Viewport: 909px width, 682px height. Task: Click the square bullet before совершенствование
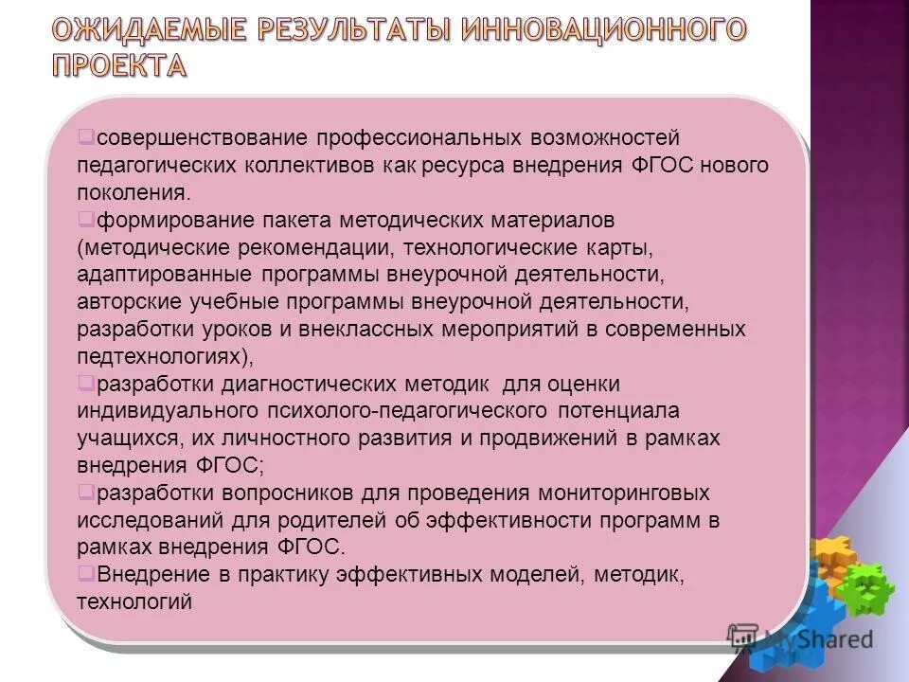[x=84, y=136]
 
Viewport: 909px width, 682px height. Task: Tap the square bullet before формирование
[x=84, y=219]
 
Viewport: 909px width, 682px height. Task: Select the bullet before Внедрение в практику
[x=84, y=573]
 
